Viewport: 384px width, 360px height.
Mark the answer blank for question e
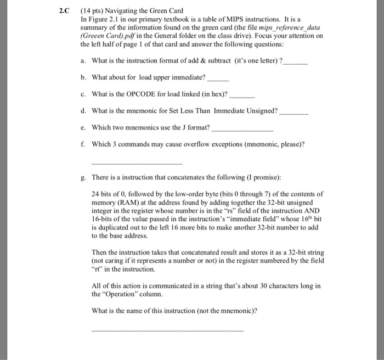point(242,128)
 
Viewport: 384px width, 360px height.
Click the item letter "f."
point(82,144)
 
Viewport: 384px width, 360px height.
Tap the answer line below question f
point(136,164)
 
